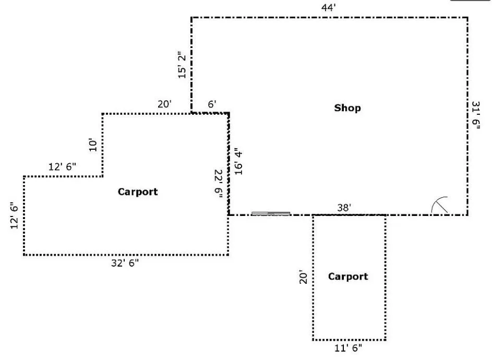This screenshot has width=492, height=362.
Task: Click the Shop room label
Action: pos(347,108)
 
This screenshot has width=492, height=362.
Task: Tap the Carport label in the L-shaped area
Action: pos(138,191)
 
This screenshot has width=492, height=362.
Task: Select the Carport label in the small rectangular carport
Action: pos(348,276)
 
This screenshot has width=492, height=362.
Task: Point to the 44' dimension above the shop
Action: pos(329,7)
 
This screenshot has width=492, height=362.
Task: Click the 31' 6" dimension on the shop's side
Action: pos(476,115)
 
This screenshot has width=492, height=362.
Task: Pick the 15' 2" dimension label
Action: pos(182,65)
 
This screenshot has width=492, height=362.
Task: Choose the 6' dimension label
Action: pos(212,104)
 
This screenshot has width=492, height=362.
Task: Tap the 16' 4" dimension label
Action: pos(238,161)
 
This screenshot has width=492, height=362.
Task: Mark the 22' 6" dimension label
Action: pos(219,184)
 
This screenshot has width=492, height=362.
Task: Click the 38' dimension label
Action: pos(344,208)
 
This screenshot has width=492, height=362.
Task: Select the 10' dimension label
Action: pos(93,144)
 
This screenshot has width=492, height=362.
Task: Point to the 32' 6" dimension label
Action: pos(125,263)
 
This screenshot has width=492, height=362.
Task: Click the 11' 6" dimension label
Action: pos(348,348)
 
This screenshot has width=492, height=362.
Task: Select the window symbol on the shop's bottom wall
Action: pos(271,214)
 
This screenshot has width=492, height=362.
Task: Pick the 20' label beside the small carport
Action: pos(304,276)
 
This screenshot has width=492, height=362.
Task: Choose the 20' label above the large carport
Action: pos(165,104)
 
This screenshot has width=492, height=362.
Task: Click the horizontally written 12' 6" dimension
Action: pos(62,166)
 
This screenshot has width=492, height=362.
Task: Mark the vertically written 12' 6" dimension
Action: pos(14,217)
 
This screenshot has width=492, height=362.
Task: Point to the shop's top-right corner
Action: pos(467,18)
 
